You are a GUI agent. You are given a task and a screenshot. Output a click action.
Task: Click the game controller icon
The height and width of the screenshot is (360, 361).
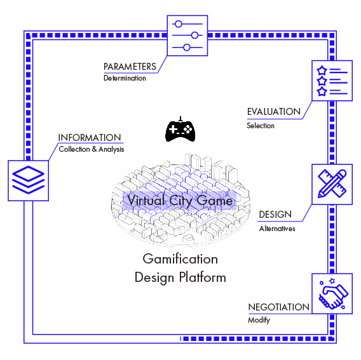click(x=180, y=130)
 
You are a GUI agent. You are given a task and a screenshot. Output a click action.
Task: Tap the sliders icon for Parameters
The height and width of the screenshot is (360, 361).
click(x=187, y=36)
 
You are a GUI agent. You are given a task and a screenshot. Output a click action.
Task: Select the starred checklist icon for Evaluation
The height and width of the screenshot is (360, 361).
click(x=331, y=81)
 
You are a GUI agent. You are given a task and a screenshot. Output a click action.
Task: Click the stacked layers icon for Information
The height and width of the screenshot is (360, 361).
click(x=28, y=178)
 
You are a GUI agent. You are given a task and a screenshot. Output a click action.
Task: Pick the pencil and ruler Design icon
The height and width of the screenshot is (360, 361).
click(x=331, y=184)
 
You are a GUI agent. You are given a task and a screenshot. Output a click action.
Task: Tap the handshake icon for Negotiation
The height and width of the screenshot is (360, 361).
click(x=331, y=293)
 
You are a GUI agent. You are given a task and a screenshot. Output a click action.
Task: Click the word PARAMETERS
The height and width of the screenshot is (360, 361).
click(x=130, y=67)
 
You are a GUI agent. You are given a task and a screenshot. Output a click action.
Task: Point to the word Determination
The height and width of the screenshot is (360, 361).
click(x=125, y=79)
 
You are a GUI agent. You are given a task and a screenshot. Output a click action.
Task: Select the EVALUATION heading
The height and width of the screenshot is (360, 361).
click(x=273, y=112)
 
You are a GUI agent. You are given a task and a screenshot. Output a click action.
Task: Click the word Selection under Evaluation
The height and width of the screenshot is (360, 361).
click(x=261, y=126)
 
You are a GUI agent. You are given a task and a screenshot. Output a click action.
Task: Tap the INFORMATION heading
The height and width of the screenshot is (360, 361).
click(x=90, y=138)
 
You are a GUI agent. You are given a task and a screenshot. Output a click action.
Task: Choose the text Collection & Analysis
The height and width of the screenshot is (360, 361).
click(x=91, y=150)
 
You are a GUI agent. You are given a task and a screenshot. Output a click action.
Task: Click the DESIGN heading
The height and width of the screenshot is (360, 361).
click(x=275, y=215)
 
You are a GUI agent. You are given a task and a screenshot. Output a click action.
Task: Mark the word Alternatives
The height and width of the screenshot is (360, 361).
click(x=276, y=229)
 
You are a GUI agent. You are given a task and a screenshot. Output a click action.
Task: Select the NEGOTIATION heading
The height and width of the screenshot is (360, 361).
click(x=278, y=307)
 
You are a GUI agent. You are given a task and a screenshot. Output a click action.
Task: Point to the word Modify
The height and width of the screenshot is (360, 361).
click(x=259, y=321)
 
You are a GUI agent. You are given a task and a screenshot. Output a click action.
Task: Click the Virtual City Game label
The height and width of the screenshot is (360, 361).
click(x=180, y=201)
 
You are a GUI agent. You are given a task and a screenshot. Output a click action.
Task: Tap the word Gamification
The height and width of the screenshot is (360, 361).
click(x=180, y=259)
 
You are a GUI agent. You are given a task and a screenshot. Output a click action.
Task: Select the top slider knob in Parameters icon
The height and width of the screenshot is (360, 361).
click(x=179, y=23)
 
